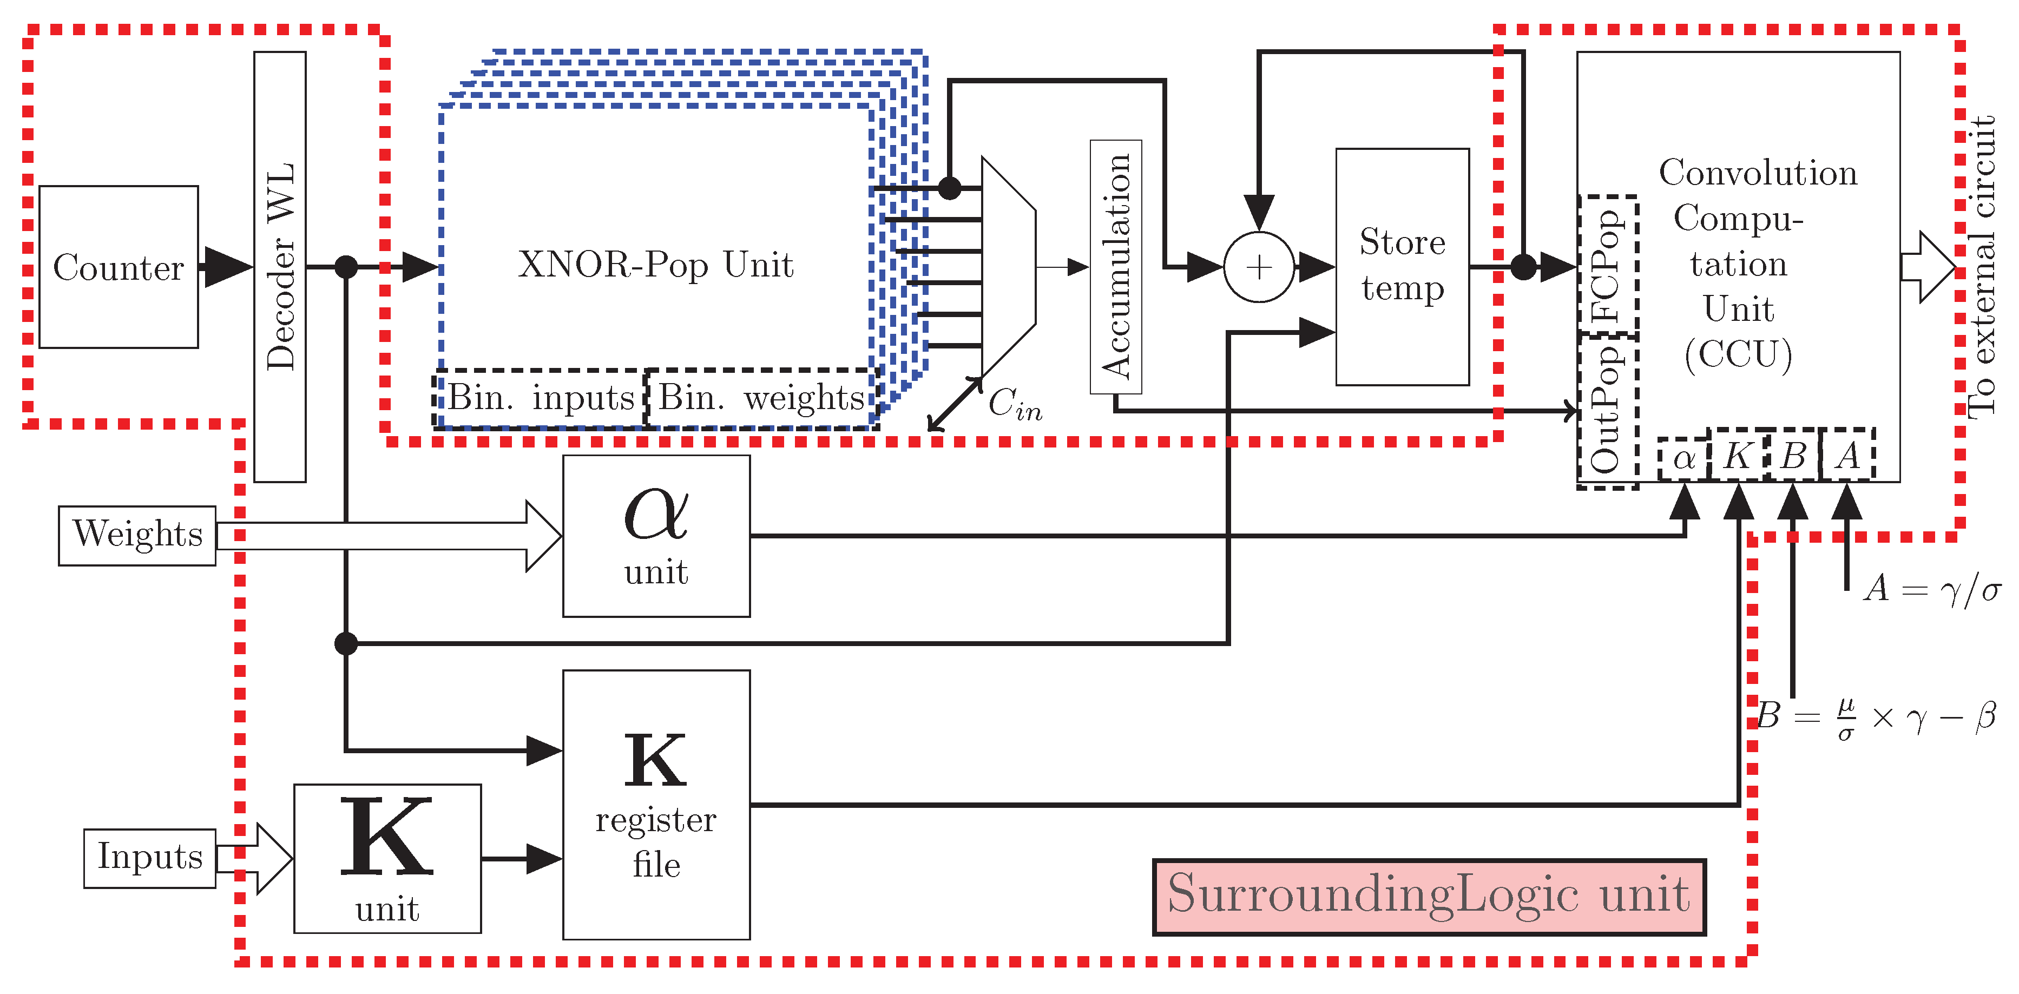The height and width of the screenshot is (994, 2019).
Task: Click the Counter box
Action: pos(119,267)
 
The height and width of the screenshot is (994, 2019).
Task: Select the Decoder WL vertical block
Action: pos(280,267)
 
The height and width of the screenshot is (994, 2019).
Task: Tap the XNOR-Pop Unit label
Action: pos(655,265)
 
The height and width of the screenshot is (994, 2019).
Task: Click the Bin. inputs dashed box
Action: pos(540,398)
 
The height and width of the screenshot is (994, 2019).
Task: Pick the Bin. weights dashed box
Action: pos(760,398)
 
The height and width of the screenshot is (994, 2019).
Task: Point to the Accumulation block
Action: pos(1115,267)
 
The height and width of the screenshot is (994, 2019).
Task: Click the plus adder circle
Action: pos(1259,267)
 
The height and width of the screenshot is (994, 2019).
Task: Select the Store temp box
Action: pos(1402,267)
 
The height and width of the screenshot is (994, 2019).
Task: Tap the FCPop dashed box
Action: pos(1608,265)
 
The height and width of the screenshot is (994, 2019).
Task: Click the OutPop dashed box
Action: pos(1608,412)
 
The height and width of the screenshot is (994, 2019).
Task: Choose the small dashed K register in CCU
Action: pos(1738,455)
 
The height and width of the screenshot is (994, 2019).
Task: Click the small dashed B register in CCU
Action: pos(1792,455)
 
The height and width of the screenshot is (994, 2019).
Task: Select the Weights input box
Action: pos(137,535)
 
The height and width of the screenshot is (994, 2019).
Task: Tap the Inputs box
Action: pos(150,858)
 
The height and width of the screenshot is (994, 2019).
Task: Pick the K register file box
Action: pos(656,804)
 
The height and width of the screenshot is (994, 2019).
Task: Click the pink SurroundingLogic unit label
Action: pos(1429,896)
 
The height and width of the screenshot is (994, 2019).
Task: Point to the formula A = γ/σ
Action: pos(1931,588)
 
